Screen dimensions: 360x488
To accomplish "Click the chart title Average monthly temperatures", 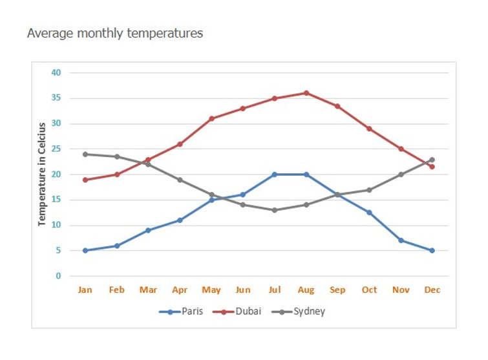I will (114, 33).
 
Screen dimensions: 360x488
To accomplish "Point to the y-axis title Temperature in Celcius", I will (42, 174).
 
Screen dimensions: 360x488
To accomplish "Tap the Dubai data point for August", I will (306, 93).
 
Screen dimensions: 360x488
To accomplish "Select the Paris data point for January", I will (85, 251).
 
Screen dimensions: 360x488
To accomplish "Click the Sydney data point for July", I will (275, 210).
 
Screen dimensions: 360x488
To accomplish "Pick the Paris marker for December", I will (432, 251).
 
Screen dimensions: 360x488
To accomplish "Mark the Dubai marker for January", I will (85, 180).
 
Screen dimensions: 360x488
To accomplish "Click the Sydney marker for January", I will (85, 154).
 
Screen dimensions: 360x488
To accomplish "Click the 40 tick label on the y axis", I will (56, 72).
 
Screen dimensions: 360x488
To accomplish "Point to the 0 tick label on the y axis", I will (58, 276).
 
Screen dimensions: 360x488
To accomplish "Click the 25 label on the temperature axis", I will (56, 149).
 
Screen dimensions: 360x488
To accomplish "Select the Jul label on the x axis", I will (275, 290).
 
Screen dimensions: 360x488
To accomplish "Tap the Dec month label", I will (432, 290).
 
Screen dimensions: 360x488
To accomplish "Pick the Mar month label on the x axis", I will (148, 290).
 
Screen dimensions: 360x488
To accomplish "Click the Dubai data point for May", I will (211, 118).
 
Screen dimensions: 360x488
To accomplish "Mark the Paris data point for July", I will (275, 175).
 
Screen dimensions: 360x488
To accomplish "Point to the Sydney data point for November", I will (401, 175).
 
